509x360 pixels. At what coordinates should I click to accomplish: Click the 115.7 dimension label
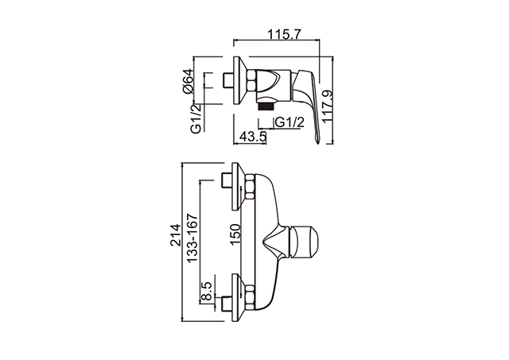pyautogui.click(x=285, y=33)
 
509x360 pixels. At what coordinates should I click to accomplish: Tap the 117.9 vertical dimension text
pyautogui.click(x=328, y=106)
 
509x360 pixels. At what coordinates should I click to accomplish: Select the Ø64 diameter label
pyautogui.click(x=188, y=81)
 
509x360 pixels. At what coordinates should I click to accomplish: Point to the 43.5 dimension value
pyautogui.click(x=253, y=137)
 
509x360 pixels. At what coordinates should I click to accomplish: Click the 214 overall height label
pyautogui.click(x=176, y=234)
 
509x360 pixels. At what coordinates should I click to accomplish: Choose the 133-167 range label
pyautogui.click(x=192, y=238)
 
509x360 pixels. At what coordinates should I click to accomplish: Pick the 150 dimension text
pyautogui.click(x=235, y=234)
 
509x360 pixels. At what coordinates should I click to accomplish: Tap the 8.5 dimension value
pyautogui.click(x=207, y=291)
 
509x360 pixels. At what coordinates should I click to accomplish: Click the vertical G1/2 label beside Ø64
pyautogui.click(x=196, y=118)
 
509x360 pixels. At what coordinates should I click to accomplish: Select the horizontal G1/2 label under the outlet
pyautogui.click(x=289, y=122)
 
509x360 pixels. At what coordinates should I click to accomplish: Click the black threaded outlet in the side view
pyautogui.click(x=266, y=106)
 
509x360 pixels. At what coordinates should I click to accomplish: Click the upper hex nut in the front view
pyautogui.click(x=250, y=187)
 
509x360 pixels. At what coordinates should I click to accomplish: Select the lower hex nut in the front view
pyautogui.click(x=250, y=296)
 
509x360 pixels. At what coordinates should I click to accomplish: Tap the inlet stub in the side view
pyautogui.click(x=228, y=80)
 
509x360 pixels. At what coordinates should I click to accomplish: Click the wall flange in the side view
pyautogui.click(x=240, y=80)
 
